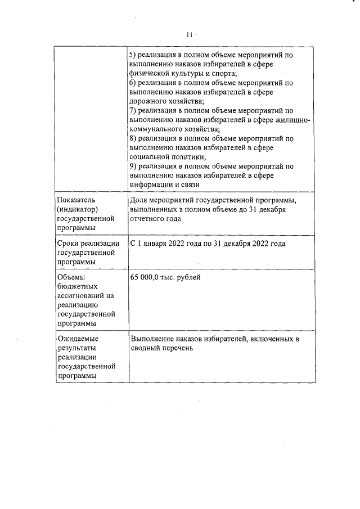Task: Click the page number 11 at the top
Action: point(190,35)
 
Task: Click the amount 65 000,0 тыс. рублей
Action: point(165,277)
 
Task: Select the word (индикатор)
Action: point(78,209)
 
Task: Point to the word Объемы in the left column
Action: point(71,277)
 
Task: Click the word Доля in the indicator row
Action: point(138,200)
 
